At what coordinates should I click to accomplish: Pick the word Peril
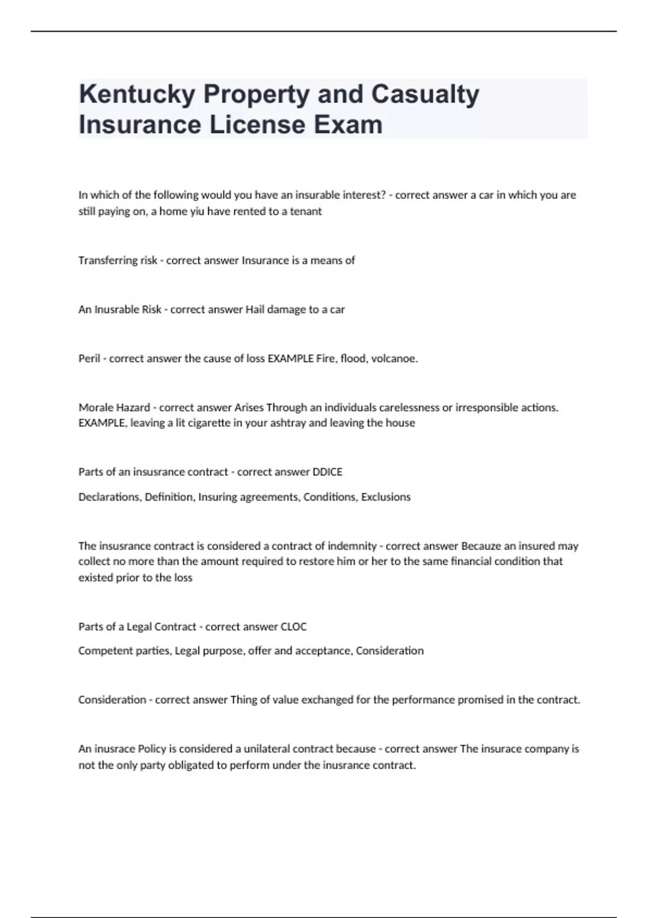click(89, 359)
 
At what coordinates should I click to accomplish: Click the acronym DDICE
click(327, 472)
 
